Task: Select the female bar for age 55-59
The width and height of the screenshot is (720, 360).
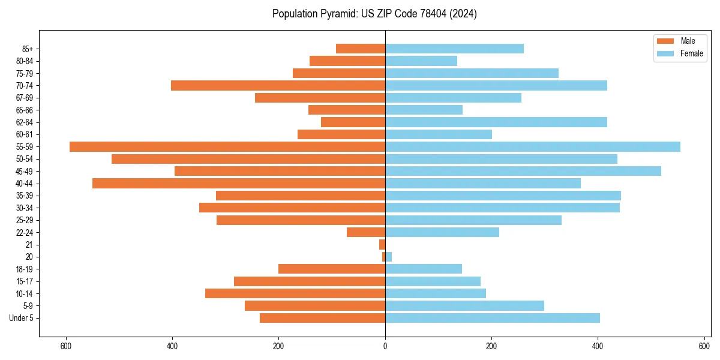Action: click(532, 146)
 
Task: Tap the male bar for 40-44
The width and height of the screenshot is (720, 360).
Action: click(238, 183)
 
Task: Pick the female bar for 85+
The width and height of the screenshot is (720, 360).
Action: click(454, 49)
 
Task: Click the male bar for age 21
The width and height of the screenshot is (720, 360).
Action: click(382, 244)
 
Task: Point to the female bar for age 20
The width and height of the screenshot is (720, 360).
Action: click(388, 257)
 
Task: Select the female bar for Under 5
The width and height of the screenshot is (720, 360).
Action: click(492, 318)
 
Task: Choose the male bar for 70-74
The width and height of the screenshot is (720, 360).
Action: click(278, 85)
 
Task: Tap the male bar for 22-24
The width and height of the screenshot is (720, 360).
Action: click(366, 232)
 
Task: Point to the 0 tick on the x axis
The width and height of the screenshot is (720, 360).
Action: click(385, 346)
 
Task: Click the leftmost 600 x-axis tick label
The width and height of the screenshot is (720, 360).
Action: click(66, 346)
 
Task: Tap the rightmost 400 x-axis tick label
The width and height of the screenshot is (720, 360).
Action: click(598, 346)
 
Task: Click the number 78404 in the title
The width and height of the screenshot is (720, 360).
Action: click(428, 14)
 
